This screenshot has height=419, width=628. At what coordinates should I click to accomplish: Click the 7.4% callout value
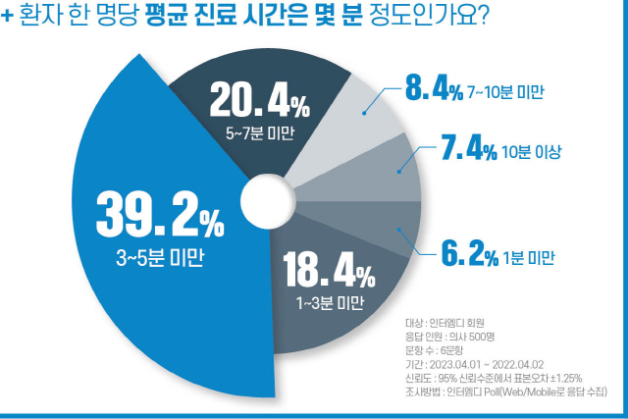click(469, 150)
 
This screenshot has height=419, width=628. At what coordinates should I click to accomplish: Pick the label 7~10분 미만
click(505, 93)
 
